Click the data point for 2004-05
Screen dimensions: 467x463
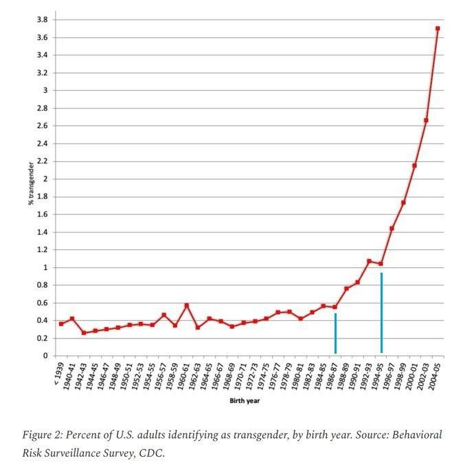[438, 29]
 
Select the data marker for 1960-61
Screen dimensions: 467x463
[186, 305]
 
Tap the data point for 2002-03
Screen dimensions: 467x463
[426, 120]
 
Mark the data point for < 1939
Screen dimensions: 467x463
[61, 323]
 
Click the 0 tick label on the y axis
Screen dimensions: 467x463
[46, 356]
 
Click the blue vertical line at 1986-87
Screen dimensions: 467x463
[335, 333]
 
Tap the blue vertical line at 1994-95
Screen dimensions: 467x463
[381, 312]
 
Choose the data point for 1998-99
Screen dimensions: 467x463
[403, 203]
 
